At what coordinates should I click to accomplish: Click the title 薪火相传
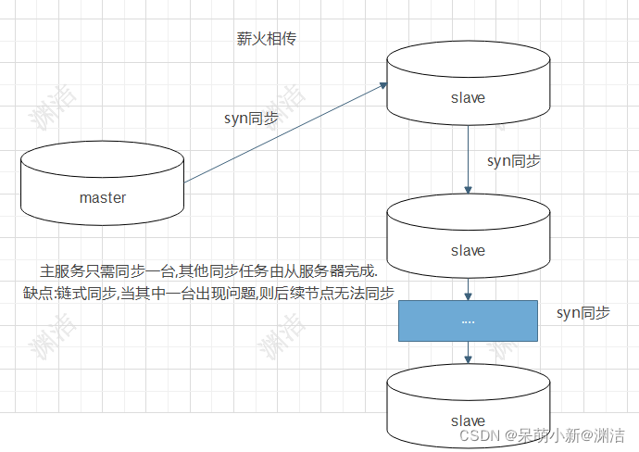267,41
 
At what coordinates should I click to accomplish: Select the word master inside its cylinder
102,197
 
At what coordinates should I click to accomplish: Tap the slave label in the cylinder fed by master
467,97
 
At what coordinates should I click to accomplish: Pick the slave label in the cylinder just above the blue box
467,250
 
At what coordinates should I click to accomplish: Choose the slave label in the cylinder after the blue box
467,421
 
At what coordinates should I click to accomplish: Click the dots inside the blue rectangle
467,320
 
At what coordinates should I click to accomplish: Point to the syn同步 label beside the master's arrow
252,118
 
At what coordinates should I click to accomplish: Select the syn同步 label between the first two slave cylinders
514,160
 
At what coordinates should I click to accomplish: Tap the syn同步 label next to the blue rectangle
583,313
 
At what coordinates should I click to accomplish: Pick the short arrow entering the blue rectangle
468,293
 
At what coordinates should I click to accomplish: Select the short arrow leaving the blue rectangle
468,351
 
